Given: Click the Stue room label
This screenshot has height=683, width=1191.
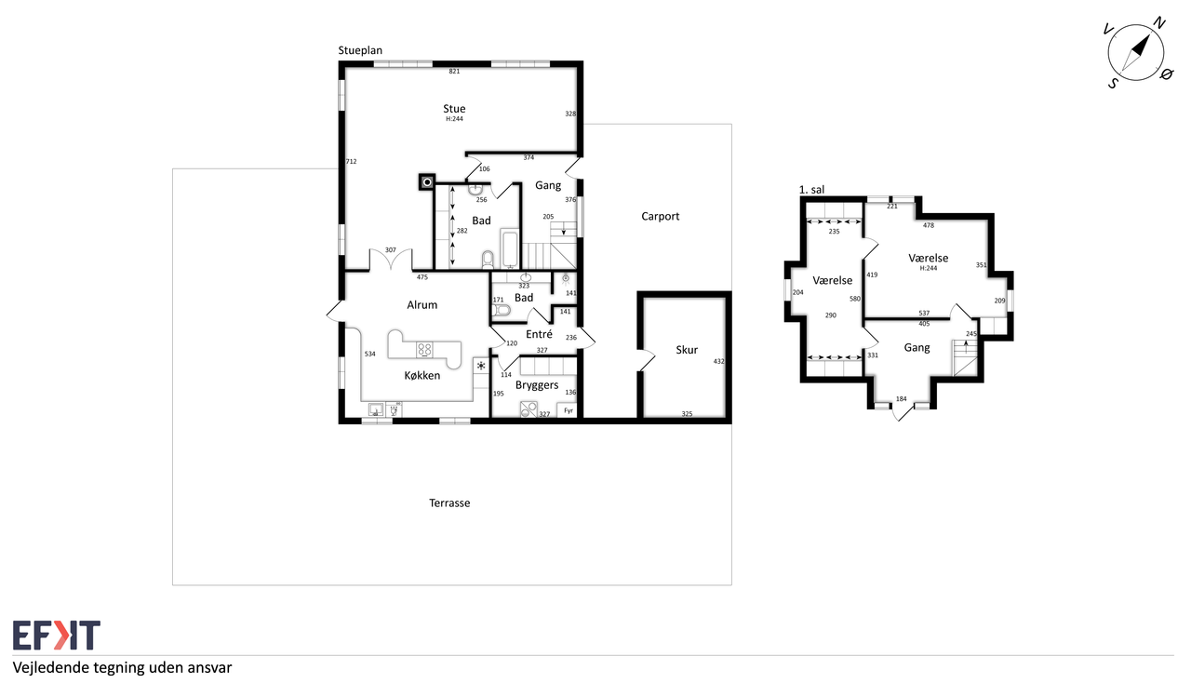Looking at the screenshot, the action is pyautogui.click(x=454, y=109).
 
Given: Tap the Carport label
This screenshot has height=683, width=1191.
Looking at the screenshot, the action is pyautogui.click(x=660, y=217).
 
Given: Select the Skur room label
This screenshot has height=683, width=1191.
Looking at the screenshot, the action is pyautogui.click(x=687, y=350).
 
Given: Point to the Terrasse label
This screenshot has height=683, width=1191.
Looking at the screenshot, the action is pyautogui.click(x=449, y=502).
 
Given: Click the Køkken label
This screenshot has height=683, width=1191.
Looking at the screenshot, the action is pyautogui.click(x=422, y=376).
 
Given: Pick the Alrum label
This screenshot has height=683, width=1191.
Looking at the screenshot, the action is pyautogui.click(x=422, y=305).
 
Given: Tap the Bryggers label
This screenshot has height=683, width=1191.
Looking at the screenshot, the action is pyautogui.click(x=537, y=385).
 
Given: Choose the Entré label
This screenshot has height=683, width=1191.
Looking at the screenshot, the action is pyautogui.click(x=539, y=334).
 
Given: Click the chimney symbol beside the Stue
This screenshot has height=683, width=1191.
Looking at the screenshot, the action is pyautogui.click(x=427, y=182).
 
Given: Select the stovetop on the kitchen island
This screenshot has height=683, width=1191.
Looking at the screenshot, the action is pyautogui.click(x=424, y=350).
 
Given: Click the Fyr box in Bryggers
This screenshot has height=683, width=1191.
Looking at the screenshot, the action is pyautogui.click(x=567, y=410).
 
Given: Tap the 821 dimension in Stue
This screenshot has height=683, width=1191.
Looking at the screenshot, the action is pyautogui.click(x=454, y=72).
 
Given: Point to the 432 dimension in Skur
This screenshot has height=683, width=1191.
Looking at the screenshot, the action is pyautogui.click(x=719, y=361).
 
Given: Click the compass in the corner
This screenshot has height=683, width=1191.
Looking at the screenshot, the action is pyautogui.click(x=1136, y=53).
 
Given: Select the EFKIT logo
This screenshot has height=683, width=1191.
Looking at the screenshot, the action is pyautogui.click(x=57, y=636).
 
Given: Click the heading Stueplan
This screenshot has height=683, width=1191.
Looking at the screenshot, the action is pyautogui.click(x=360, y=50).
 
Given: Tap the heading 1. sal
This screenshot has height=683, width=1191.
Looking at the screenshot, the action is pyautogui.click(x=811, y=190).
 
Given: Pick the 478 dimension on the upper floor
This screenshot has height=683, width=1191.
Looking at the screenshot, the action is pyautogui.click(x=929, y=225).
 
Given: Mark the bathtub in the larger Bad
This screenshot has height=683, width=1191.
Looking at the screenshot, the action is pyautogui.click(x=509, y=249).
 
